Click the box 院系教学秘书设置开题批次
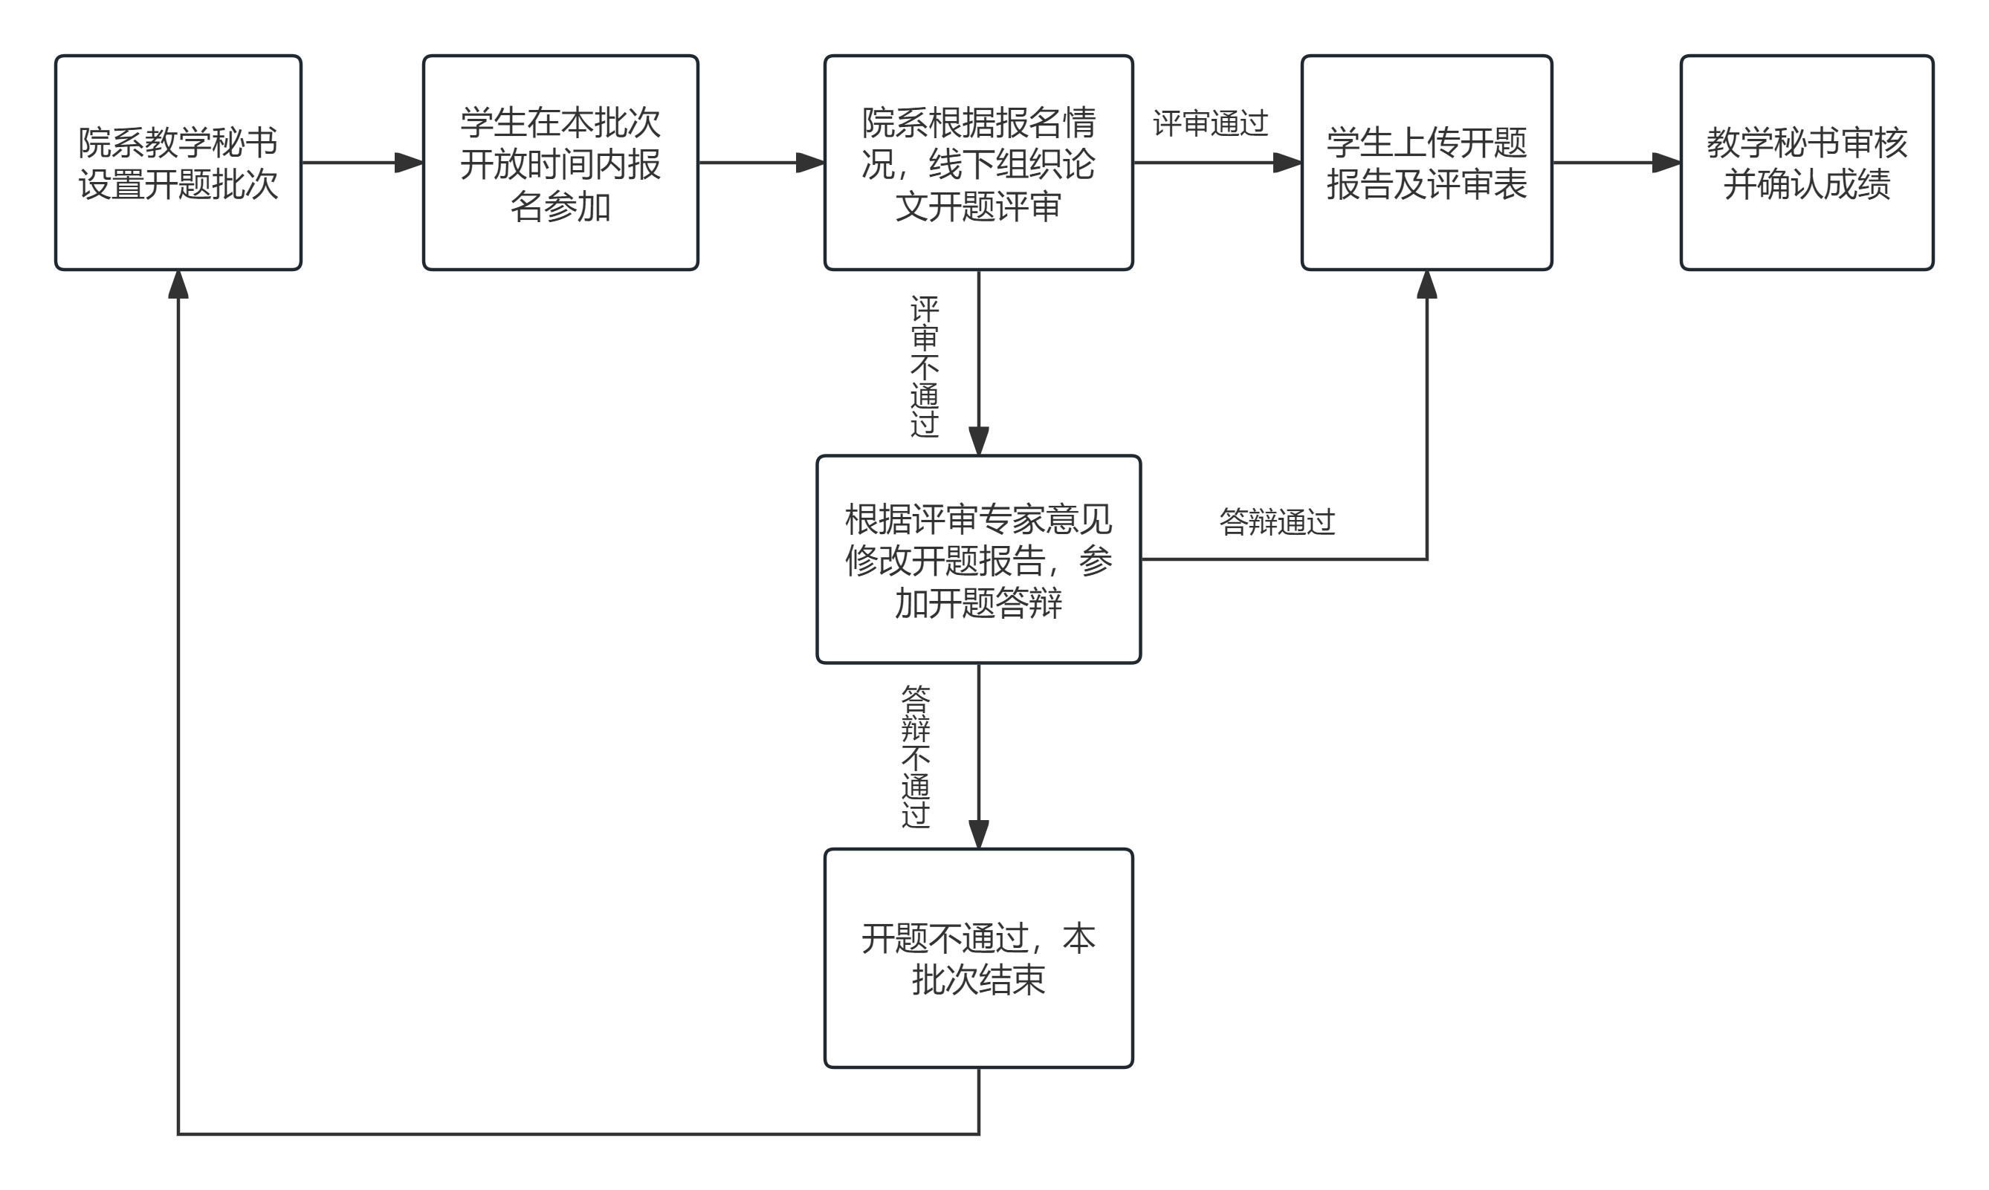point(178,163)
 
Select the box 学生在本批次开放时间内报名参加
point(561,163)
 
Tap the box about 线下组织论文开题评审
point(979,163)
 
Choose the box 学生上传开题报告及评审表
point(1426,163)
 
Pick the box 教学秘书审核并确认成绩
point(1807,163)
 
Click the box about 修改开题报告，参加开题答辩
point(979,560)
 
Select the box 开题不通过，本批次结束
point(979,958)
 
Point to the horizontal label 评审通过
point(1211,123)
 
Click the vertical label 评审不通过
point(925,366)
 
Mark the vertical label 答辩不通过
point(916,757)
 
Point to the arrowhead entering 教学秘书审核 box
point(1666,163)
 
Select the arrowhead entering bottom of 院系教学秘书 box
point(178,285)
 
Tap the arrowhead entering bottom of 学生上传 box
point(1426,285)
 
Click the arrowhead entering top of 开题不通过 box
point(979,835)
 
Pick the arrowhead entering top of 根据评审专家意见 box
point(979,441)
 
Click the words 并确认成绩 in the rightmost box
point(1807,184)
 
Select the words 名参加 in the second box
point(561,206)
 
